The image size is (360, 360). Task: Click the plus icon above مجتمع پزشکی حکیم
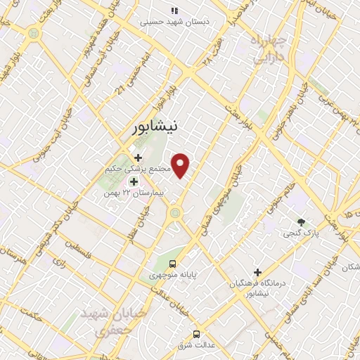pyautogui.click(x=138, y=157)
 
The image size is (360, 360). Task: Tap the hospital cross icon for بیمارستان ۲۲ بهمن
pyautogui.click(x=134, y=181)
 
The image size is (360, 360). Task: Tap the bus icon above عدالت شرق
pyautogui.click(x=196, y=333)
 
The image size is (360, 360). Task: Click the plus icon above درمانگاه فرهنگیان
pyautogui.click(x=257, y=272)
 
